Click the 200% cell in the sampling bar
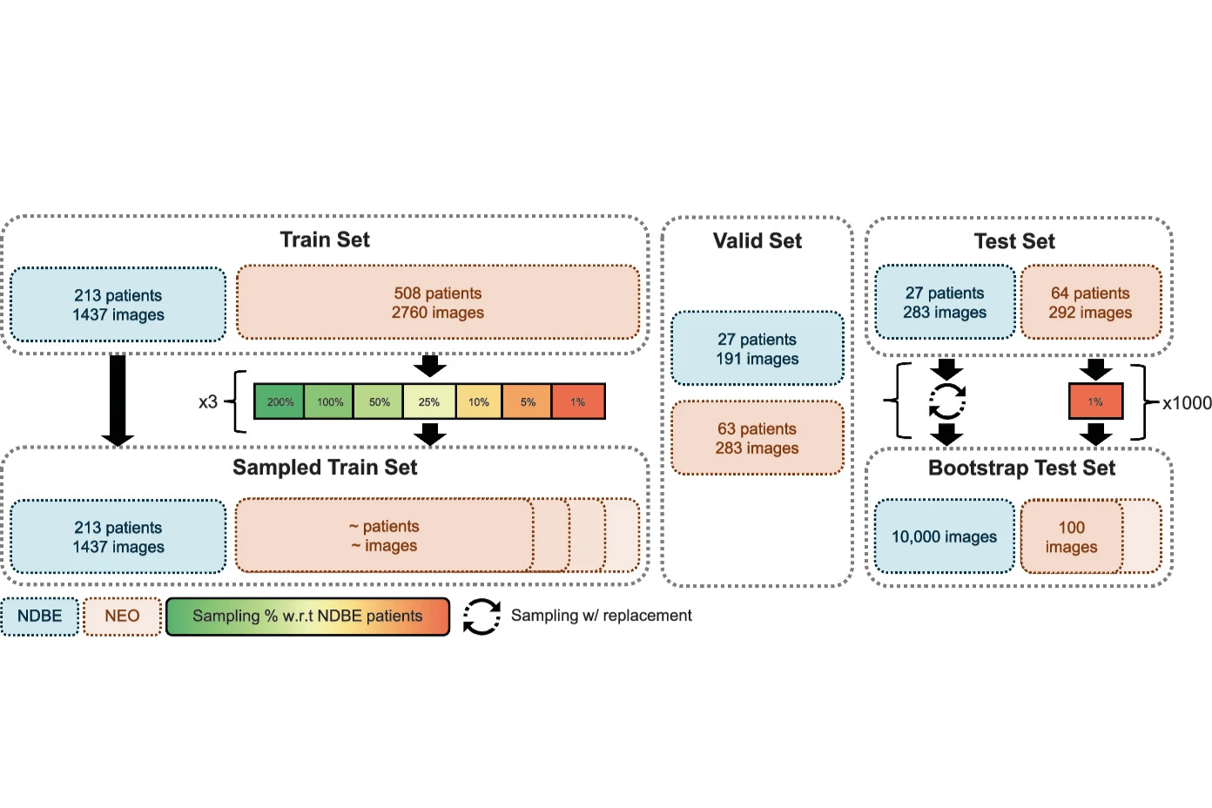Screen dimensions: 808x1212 [279, 401]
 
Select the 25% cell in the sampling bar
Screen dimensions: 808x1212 [428, 401]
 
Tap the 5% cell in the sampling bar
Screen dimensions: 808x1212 [528, 401]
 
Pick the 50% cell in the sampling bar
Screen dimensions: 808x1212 [379, 401]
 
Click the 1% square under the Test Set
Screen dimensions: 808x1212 [1095, 401]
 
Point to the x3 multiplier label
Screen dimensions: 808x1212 [207, 401]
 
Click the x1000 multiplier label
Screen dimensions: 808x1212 [1186, 403]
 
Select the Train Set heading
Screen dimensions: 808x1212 [325, 239]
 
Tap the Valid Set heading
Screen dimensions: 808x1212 [757, 241]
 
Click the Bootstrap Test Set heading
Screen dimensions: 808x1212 [1021, 468]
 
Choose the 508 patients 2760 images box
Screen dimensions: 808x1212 [437, 302]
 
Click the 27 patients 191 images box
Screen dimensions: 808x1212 [757, 348]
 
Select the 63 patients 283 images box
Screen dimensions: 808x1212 [757, 438]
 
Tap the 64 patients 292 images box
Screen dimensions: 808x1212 [1090, 302]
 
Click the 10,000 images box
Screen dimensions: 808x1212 [944, 536]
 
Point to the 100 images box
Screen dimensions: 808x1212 [1071, 536]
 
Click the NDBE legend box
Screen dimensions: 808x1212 [40, 616]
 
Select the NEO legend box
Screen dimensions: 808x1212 [122, 616]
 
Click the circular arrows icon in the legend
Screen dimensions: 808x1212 [481, 616]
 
